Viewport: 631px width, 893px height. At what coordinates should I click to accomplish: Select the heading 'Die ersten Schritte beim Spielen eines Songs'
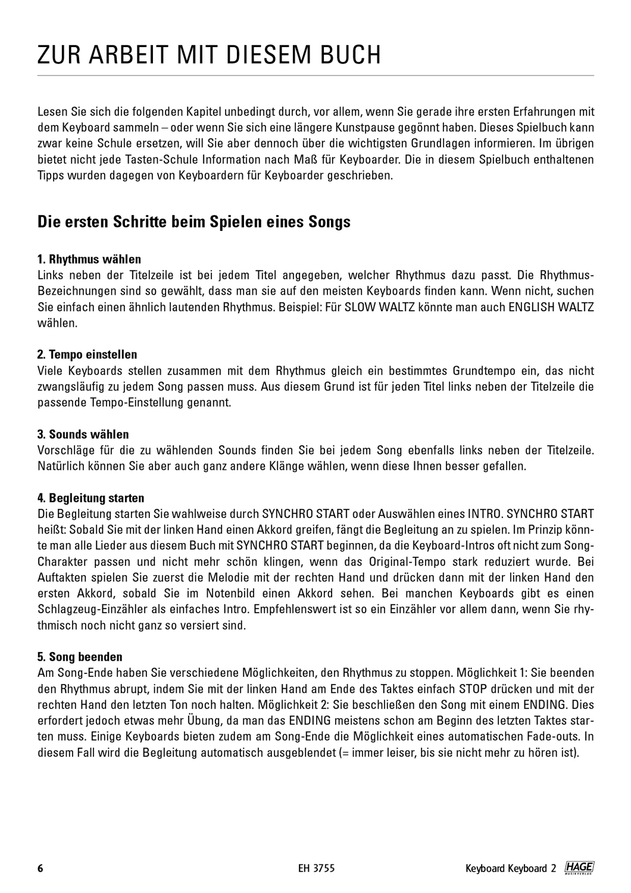194,222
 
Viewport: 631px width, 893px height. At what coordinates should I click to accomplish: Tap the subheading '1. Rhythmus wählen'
89,259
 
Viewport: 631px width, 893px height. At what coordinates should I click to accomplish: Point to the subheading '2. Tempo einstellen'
87,355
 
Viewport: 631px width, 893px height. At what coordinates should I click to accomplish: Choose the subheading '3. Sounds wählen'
83,434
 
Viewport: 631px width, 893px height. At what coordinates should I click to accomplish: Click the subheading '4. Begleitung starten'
90,497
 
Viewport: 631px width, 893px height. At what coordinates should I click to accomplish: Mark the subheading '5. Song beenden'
80,657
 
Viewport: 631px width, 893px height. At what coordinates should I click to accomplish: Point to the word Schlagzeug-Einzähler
88,610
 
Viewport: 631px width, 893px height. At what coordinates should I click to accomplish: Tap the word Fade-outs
555,737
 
